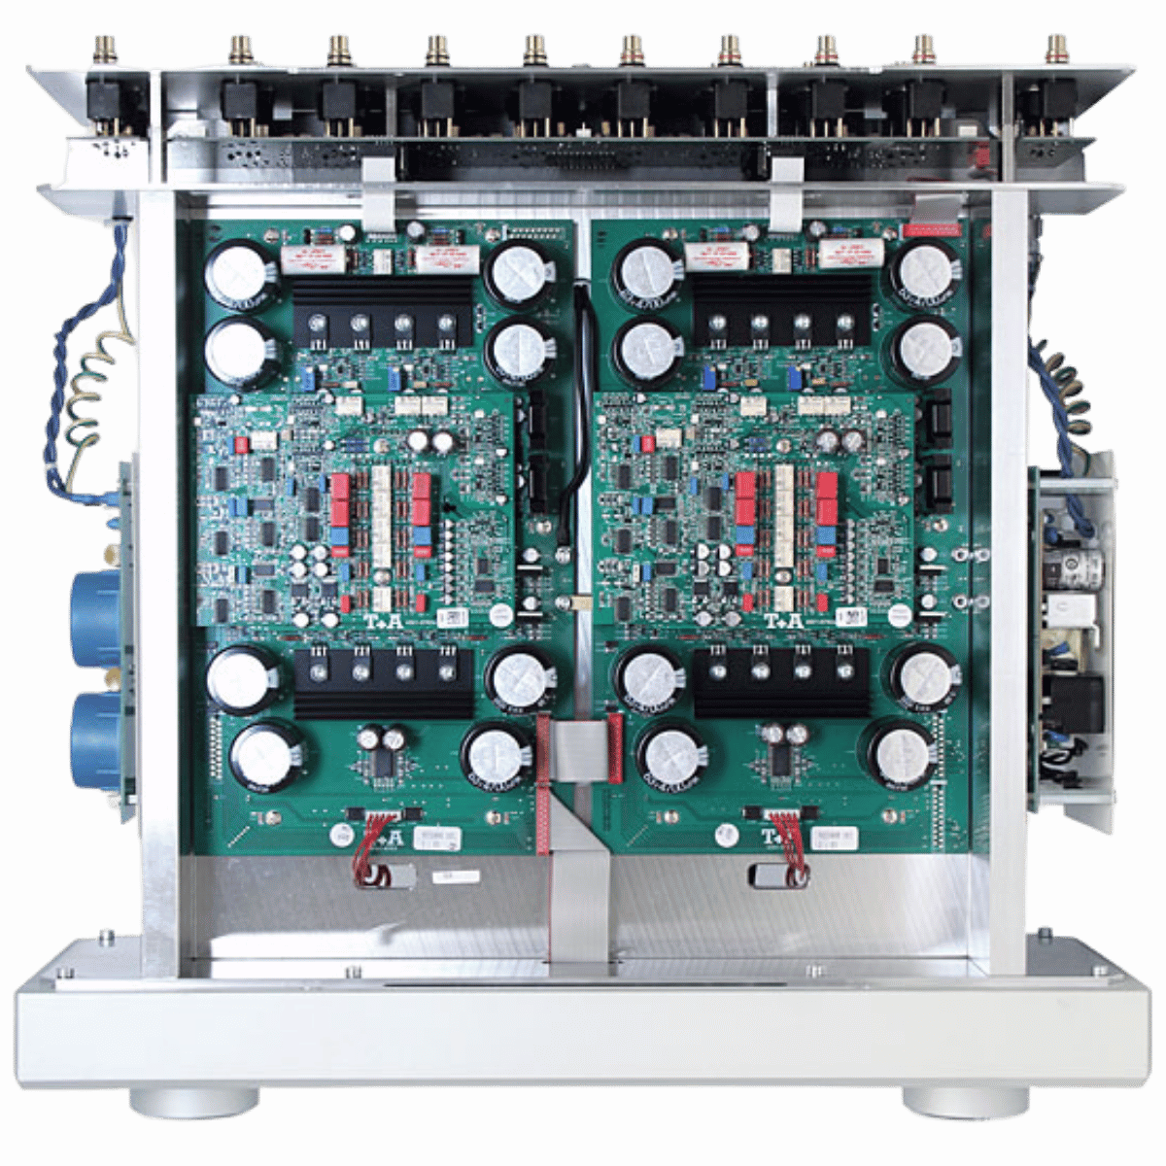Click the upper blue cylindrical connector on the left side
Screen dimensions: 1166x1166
tap(97, 619)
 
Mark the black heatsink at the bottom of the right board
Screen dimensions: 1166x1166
tap(781, 682)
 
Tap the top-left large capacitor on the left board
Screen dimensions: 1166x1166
tap(239, 272)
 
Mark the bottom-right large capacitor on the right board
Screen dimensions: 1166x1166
tap(904, 753)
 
